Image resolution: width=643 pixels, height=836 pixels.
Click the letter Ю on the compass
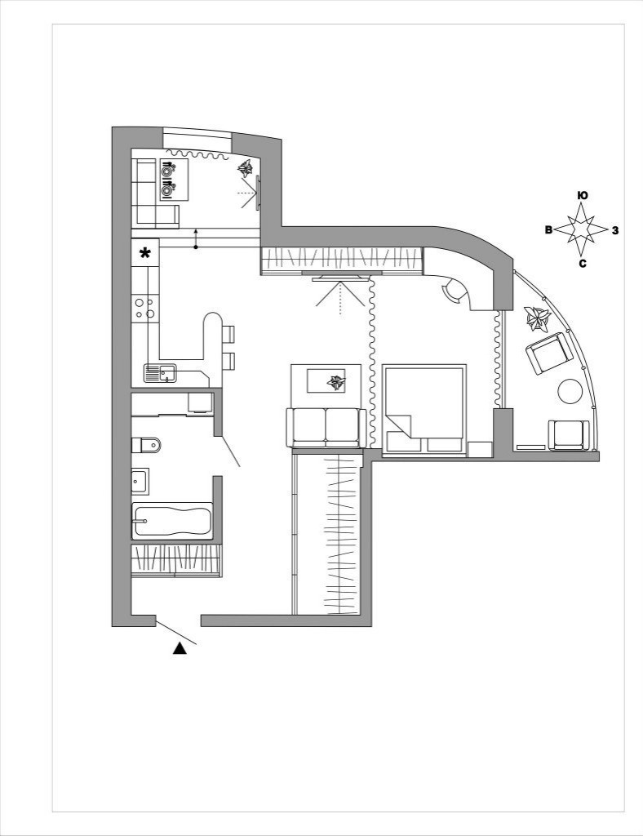pos(583,196)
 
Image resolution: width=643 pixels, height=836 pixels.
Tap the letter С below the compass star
pos(583,264)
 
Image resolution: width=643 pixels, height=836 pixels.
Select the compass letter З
pos(615,231)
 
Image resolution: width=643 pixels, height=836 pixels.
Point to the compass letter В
pos(548,230)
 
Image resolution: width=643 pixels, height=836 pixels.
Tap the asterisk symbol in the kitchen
pos(144,253)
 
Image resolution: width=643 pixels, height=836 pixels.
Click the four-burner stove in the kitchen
pos(145,308)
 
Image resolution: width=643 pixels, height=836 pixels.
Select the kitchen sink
pos(161,373)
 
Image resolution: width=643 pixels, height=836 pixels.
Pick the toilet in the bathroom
pos(146,445)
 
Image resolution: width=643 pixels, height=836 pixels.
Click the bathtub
pos(172,521)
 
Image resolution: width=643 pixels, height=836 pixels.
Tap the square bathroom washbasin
pos(140,482)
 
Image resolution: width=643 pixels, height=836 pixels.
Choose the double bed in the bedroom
pos(424,410)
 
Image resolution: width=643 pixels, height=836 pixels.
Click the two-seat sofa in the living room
pos(326,428)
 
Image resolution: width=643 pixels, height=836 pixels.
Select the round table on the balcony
pos(570,391)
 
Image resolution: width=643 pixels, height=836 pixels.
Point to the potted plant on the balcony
pos(537,319)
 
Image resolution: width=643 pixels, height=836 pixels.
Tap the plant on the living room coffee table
pos(335,382)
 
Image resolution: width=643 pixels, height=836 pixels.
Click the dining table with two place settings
pos(174,179)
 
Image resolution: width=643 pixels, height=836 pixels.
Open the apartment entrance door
pos(176,633)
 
